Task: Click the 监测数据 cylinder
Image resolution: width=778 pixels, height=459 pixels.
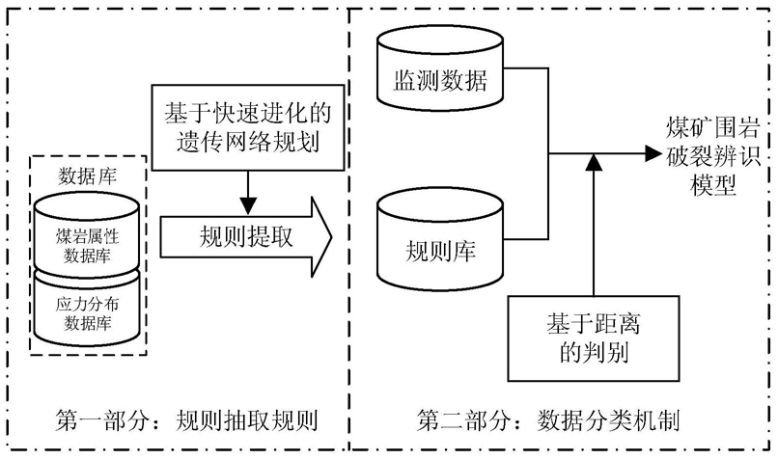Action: (x=440, y=68)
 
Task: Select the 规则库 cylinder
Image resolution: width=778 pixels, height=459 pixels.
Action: (x=440, y=239)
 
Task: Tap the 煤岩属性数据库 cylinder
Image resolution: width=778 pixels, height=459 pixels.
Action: (x=87, y=235)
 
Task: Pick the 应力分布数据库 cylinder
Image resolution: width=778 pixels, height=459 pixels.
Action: (x=87, y=309)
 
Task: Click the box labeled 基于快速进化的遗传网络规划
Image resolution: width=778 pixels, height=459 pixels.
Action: (x=248, y=127)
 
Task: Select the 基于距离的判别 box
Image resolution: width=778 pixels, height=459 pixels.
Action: (x=594, y=338)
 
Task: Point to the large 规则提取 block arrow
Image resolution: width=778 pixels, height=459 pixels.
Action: (x=246, y=236)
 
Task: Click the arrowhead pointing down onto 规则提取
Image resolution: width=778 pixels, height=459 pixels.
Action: (x=248, y=206)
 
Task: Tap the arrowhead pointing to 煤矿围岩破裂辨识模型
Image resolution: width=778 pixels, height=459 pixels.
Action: (x=653, y=153)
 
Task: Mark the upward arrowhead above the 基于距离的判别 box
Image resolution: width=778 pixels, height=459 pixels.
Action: (x=594, y=162)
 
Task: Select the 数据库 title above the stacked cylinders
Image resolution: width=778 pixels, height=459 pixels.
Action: (x=87, y=175)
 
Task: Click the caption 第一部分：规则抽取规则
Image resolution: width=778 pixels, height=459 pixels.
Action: (x=186, y=420)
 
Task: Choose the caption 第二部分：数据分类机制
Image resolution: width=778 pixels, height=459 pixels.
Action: (x=547, y=420)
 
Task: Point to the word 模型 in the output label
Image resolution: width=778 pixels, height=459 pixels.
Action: (x=713, y=185)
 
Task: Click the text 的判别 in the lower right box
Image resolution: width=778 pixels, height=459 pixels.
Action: (x=594, y=353)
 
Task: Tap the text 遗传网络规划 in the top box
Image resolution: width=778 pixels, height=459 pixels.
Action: (x=248, y=142)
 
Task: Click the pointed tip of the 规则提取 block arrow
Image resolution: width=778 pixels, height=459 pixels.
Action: (x=332, y=237)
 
